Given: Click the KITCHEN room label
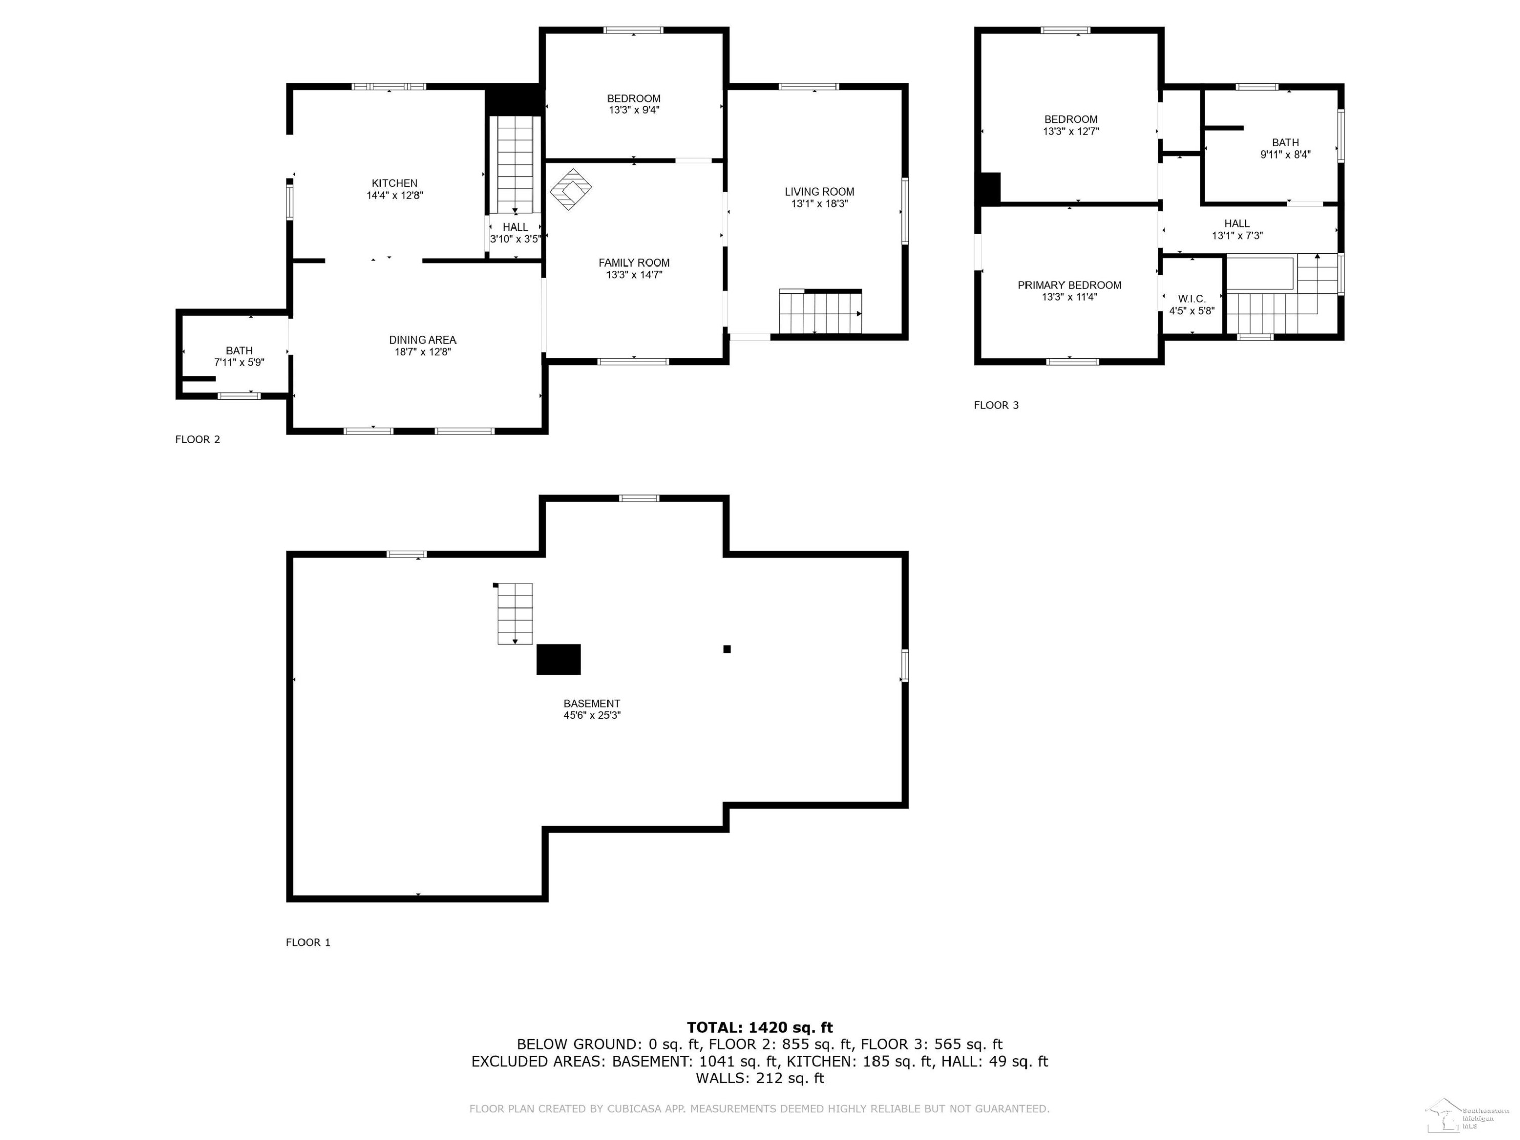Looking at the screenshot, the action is tap(394, 183).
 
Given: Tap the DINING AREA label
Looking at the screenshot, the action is tap(422, 340).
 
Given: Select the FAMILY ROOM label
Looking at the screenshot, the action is tap(633, 263).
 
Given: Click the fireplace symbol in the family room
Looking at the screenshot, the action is tap(571, 189).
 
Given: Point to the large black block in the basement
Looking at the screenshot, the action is tap(558, 660).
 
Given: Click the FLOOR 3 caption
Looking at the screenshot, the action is tap(997, 405).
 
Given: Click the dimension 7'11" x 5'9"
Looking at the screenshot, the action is tap(239, 363).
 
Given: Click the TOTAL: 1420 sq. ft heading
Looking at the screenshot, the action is tap(760, 1028).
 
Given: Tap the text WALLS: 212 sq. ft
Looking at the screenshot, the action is tap(760, 1078).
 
